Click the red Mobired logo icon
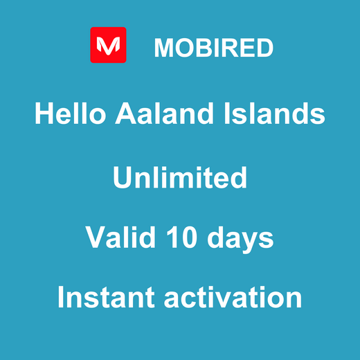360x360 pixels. coord(108,45)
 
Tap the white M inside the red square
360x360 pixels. coord(108,46)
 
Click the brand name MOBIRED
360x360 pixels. coord(213,48)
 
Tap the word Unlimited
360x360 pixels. coord(180,178)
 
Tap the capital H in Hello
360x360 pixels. coord(44,113)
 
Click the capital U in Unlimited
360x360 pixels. coord(122,178)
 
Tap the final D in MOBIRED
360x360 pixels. coord(264,48)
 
